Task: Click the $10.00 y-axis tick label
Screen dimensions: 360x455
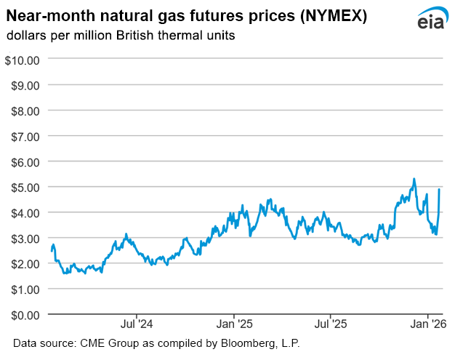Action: (x=22, y=60)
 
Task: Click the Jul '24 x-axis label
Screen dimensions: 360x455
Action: (x=137, y=325)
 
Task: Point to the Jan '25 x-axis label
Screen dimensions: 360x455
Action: (x=235, y=325)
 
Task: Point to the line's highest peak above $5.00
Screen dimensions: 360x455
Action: (x=414, y=179)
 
